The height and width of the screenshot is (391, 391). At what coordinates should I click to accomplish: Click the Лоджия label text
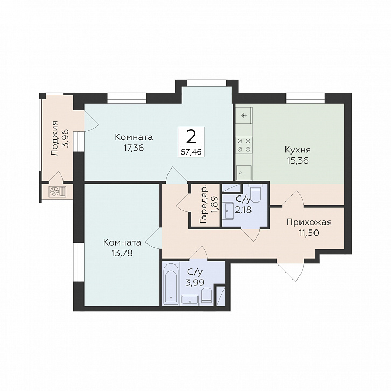54,138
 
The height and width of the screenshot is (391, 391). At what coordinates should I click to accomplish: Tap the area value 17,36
134,148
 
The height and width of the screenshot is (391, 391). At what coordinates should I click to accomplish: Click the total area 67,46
191,152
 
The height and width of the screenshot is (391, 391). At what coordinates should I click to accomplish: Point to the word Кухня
297,150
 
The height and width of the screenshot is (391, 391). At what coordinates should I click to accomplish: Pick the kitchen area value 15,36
297,161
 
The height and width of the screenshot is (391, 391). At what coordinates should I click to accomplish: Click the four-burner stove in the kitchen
244,145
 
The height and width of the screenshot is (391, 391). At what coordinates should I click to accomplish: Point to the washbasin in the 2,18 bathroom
227,211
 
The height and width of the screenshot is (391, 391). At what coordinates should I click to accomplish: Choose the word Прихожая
309,222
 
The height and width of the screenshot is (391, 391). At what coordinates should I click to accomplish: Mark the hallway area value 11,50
309,233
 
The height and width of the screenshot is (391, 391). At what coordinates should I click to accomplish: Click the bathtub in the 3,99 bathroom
171,284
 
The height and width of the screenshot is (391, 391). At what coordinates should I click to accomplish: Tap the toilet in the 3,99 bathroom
206,297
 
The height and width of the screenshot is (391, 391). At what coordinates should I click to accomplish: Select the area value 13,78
122,253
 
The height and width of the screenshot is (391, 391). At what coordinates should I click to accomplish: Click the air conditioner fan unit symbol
57,192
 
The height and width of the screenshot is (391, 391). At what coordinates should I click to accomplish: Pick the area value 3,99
195,283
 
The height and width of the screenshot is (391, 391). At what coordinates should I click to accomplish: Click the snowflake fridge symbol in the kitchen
244,115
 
